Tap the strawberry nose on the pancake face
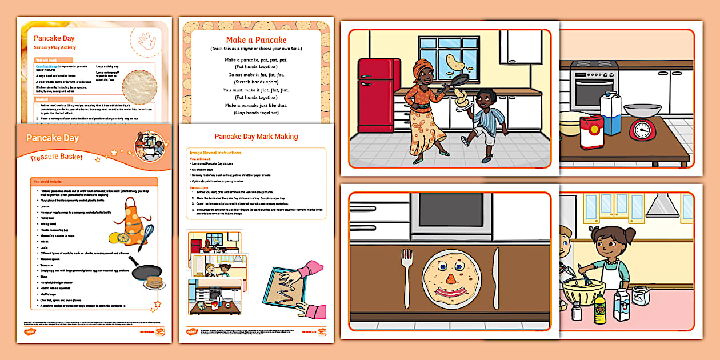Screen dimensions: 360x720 tap(451, 279)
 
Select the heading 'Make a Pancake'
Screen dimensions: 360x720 tap(256, 40)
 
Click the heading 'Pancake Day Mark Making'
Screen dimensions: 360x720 tap(256, 137)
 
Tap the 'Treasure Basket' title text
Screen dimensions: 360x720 tap(56, 157)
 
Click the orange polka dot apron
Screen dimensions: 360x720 tap(130, 217)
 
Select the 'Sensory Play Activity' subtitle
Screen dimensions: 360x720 tap(55, 47)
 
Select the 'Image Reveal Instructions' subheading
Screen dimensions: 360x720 tap(215, 153)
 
